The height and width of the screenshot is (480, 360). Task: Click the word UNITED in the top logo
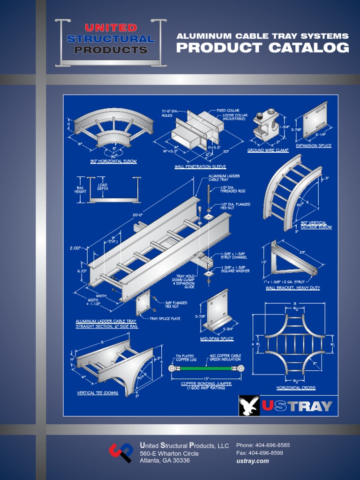111,28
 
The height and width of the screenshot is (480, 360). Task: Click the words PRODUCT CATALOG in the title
262,48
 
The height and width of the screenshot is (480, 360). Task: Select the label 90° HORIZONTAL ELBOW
114,161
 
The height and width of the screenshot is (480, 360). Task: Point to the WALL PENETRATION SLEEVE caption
200,166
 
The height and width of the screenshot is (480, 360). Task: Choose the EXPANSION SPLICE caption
314,146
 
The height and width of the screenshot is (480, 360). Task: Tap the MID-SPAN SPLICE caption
217,338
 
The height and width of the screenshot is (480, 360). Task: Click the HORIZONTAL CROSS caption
296,388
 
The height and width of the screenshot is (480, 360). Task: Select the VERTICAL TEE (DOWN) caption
98,393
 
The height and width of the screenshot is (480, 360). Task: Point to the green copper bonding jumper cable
206,368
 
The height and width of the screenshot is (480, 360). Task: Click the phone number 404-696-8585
270,445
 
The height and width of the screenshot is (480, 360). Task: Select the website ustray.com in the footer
253,461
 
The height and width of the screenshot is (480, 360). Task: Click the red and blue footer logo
121,453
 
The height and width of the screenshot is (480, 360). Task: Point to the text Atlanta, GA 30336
165,461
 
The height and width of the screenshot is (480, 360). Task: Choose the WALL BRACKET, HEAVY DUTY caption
292,288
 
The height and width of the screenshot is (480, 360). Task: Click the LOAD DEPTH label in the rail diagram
103,186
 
